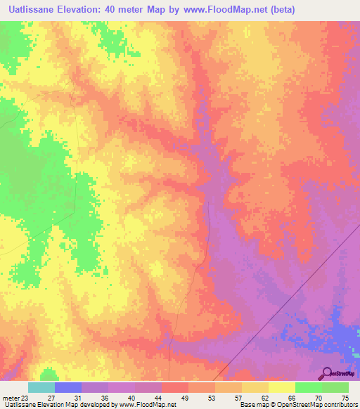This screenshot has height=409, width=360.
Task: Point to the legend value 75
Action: pos(345,398)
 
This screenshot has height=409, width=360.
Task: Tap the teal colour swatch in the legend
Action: pos(41,387)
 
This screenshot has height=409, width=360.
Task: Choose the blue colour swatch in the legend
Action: pos(68,387)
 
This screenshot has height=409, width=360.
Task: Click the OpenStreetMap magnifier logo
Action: pos(327,373)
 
